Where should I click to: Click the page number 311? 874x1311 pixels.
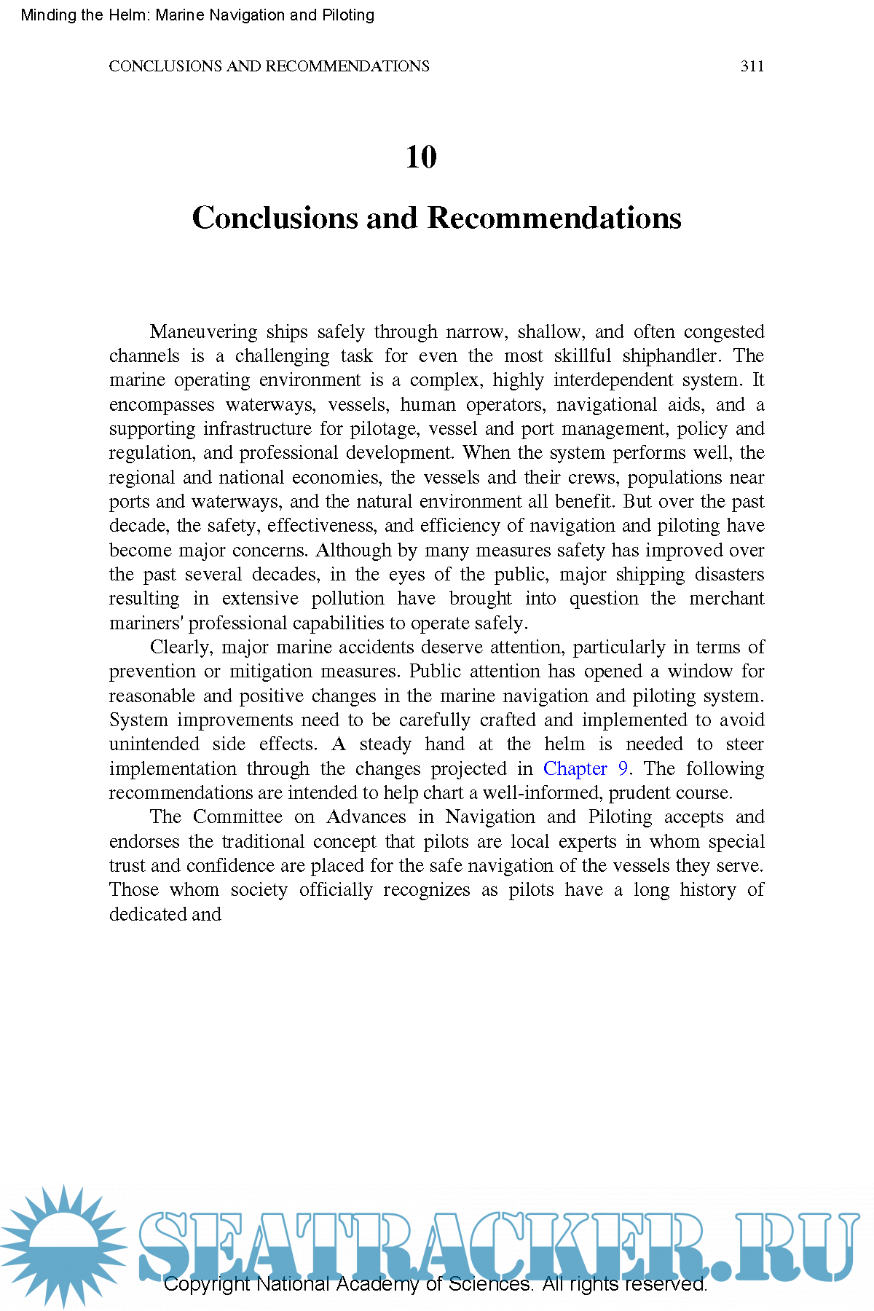point(752,66)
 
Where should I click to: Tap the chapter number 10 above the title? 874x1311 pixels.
point(421,157)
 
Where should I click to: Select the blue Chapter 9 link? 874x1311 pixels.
point(586,768)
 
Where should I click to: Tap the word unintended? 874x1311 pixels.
point(154,744)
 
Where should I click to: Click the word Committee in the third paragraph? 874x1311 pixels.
point(237,817)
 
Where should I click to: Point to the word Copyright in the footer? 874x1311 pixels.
point(206,1284)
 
